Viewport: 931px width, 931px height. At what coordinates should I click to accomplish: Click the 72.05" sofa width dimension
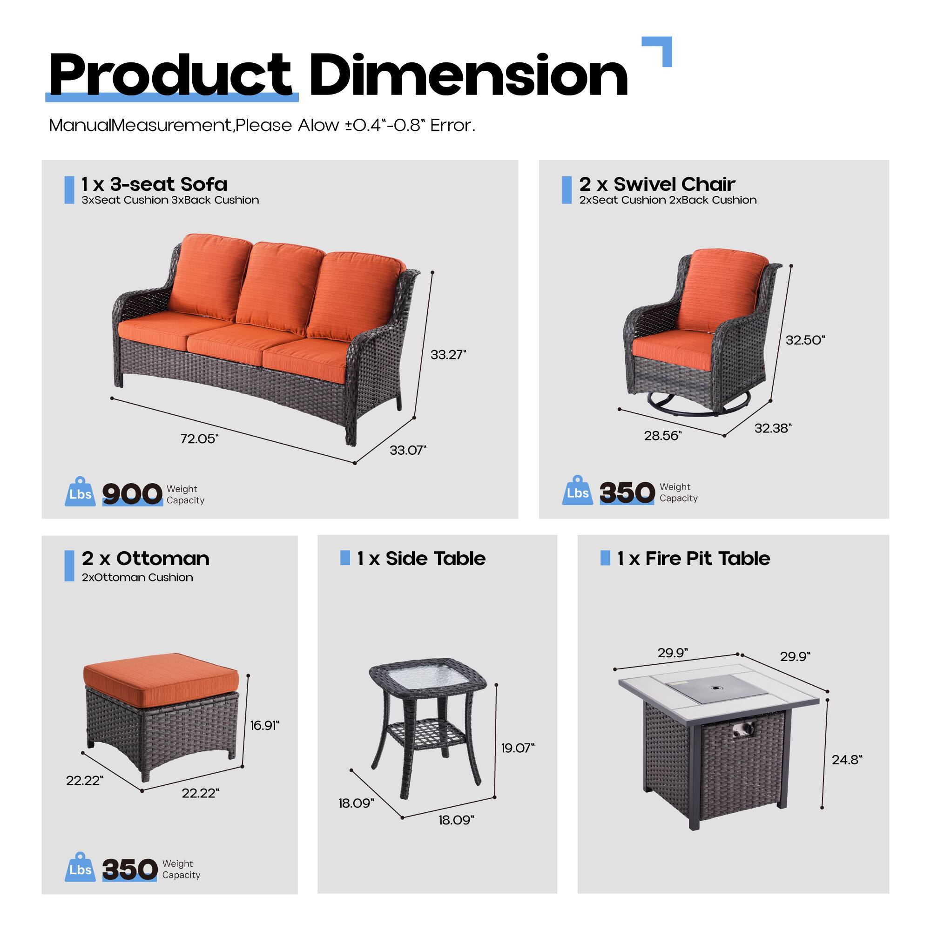click(199, 439)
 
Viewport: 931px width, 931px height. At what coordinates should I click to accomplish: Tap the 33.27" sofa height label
click(448, 355)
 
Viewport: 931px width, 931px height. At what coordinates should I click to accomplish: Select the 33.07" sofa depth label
click(408, 450)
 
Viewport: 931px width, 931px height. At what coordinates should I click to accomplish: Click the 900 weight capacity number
click(132, 494)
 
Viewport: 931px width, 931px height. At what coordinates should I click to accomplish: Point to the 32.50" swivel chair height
click(805, 340)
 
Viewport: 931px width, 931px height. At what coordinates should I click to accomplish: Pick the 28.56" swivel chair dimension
click(662, 436)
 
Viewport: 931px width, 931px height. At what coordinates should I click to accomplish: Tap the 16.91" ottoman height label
click(264, 725)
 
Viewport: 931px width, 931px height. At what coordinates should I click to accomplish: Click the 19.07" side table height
click(518, 748)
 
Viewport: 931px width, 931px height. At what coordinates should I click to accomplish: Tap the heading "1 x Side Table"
click(421, 559)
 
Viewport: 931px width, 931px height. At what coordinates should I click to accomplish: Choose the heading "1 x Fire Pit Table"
click(694, 559)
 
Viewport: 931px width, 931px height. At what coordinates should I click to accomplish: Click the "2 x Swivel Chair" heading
click(657, 184)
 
